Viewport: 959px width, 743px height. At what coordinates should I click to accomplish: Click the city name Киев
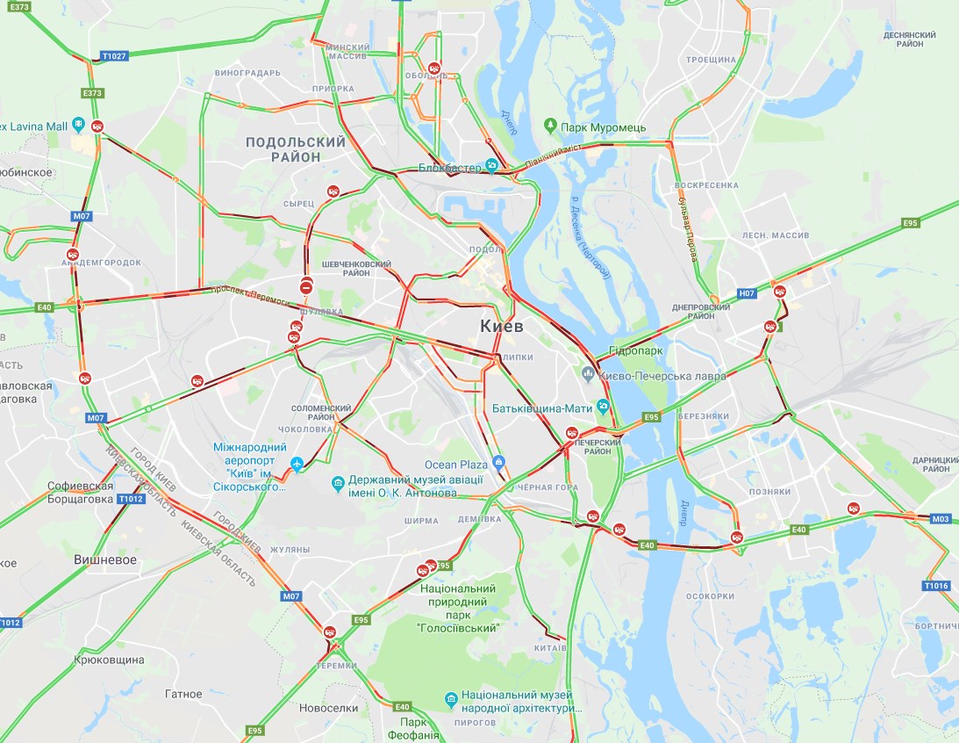pos(502,327)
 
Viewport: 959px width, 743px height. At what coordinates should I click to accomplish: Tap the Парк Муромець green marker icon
pos(550,126)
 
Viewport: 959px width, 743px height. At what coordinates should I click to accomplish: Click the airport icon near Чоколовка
pos(297,463)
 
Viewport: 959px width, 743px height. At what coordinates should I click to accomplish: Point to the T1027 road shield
pos(114,55)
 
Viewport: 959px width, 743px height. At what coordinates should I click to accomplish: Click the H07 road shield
pos(747,293)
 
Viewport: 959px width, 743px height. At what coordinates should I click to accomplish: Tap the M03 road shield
pos(941,519)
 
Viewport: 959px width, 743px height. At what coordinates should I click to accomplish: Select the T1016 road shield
pos(936,585)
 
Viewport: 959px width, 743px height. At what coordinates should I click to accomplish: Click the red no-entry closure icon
pos(305,286)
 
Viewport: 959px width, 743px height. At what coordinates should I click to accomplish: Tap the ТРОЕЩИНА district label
pos(711,60)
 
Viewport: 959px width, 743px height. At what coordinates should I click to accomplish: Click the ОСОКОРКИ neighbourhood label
pos(709,596)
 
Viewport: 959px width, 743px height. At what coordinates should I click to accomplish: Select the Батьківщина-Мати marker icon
pos(603,408)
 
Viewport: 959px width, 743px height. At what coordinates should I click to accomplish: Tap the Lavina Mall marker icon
pos(79,126)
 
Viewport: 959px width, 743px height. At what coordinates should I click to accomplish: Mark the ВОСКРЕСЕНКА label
pos(709,186)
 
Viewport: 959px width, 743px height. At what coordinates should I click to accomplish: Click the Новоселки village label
pos(328,708)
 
